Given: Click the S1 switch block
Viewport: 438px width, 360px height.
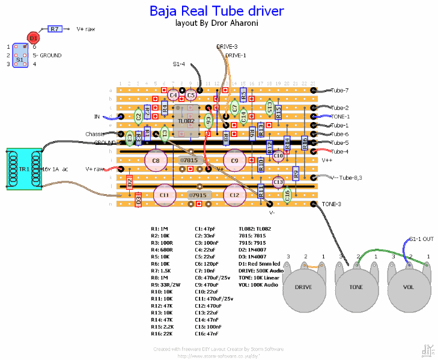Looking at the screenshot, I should click(20, 55).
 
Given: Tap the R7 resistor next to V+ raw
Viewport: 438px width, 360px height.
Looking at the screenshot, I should click(55, 28).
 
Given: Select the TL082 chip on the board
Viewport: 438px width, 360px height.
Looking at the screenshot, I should click(186, 121).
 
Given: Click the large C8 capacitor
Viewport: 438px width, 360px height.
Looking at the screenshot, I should click(156, 160).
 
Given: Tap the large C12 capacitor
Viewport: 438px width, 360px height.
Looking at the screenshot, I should click(234, 195).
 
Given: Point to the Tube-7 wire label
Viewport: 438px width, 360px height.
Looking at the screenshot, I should click(339, 90).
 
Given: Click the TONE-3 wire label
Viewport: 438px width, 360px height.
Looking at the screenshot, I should click(331, 204).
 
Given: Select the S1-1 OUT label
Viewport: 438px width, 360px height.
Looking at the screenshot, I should click(421, 239).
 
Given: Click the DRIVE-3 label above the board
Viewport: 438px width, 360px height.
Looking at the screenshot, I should click(227, 46).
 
